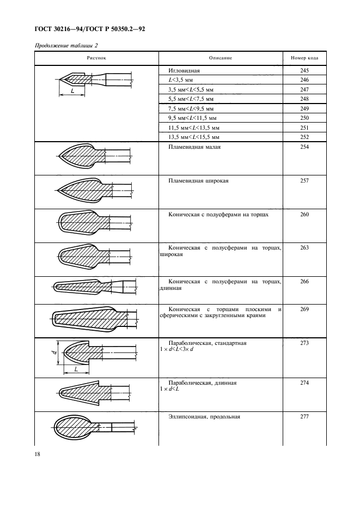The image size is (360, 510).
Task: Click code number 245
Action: [304, 71]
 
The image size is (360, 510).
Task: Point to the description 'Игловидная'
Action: [185, 71]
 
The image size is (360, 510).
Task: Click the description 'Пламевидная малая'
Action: [197, 147]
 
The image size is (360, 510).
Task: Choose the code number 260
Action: [304, 215]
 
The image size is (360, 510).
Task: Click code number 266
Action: [304, 281]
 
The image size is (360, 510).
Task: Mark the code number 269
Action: [304, 309]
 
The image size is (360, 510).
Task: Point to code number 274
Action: [304, 383]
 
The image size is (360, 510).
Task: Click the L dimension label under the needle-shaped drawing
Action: [73, 91]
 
